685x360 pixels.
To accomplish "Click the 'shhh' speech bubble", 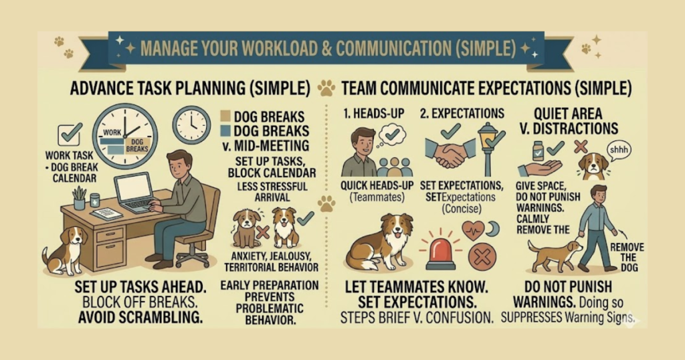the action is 619,151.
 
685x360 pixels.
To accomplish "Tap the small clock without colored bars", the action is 191,124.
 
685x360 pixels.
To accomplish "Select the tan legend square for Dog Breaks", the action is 225,116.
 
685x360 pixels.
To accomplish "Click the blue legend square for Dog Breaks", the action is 225,130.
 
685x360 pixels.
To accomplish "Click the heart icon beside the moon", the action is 474,230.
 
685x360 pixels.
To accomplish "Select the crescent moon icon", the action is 494,228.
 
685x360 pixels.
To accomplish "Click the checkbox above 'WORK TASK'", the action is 70,134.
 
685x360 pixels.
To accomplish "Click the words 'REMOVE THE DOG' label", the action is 627,258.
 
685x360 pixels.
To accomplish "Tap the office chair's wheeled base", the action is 191,258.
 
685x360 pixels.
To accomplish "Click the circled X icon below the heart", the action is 482,258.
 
